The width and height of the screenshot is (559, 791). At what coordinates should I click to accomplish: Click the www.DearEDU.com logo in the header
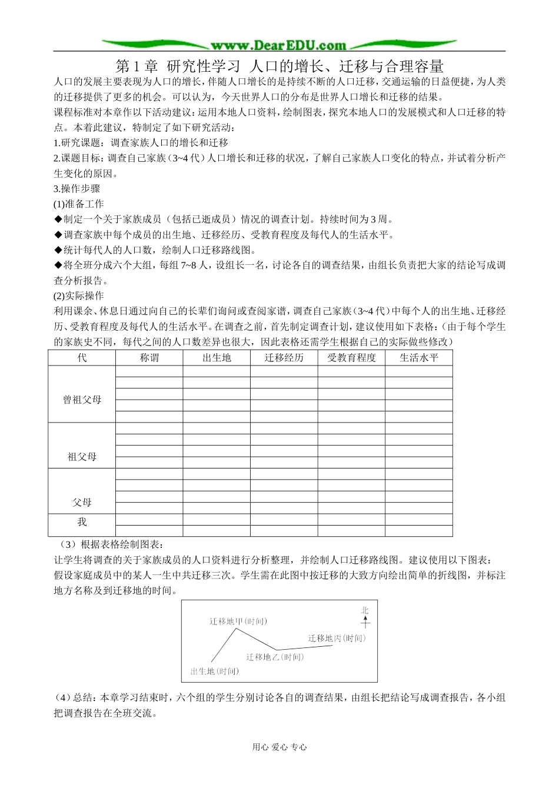tap(279, 45)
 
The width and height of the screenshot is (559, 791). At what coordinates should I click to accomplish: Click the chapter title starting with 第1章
tap(279, 65)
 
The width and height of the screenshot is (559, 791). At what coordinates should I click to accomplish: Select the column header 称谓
tap(149, 358)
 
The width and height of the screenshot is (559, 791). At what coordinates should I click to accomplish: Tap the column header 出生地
tap(217, 358)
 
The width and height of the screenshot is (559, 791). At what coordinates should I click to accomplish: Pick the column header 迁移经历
tap(284, 358)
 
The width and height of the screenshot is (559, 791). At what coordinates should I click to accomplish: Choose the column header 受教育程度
tap(351, 358)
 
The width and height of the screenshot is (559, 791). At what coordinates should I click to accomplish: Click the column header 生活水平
tap(419, 358)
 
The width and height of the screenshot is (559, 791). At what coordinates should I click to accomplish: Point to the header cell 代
tap(82, 358)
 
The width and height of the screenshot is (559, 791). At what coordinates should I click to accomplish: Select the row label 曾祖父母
tap(82, 400)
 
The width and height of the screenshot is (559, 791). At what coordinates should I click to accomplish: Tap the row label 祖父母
tap(82, 457)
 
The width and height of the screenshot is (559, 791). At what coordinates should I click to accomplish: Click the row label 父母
tap(82, 503)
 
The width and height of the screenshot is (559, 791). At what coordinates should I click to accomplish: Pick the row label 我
tap(82, 522)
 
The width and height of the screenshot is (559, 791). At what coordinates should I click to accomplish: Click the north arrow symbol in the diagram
tap(365, 617)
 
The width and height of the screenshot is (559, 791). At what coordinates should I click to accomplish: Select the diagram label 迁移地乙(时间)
tap(275, 657)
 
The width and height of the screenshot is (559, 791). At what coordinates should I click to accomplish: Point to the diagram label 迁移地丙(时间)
tap(337, 639)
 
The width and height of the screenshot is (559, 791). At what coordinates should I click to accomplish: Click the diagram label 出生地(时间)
tap(215, 671)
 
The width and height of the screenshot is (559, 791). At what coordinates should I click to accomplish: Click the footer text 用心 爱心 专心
tap(279, 747)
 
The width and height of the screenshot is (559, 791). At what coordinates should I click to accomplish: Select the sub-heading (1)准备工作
tap(78, 204)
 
